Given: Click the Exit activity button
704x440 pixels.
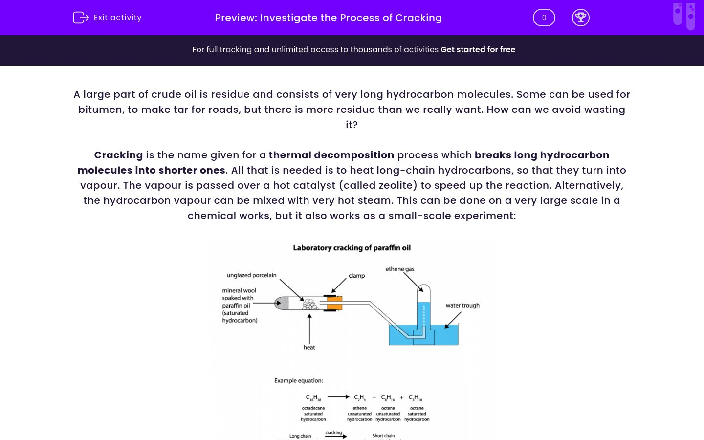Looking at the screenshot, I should click(108, 18).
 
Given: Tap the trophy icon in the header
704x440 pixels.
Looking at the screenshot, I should click(580, 18).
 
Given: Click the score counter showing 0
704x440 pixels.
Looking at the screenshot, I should click(544, 18).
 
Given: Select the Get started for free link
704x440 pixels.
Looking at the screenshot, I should click(478, 49).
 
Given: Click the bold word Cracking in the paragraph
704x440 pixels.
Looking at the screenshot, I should click(118, 155).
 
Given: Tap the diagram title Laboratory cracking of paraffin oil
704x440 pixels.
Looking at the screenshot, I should click(352, 248).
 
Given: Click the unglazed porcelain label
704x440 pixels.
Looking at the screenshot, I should click(251, 275).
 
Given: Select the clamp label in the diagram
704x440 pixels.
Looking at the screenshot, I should click(356, 276).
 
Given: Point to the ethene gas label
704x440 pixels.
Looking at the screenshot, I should click(399, 269).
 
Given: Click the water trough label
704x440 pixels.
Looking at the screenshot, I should click(462, 305).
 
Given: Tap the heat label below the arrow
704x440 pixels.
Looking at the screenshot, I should click(309, 347).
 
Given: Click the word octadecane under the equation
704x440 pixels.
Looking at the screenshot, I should click(313, 408).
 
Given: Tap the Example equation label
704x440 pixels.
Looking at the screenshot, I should click(298, 380).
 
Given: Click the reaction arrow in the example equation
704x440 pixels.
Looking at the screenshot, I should click(338, 397).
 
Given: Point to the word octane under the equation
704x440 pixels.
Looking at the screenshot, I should click(417, 408).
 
